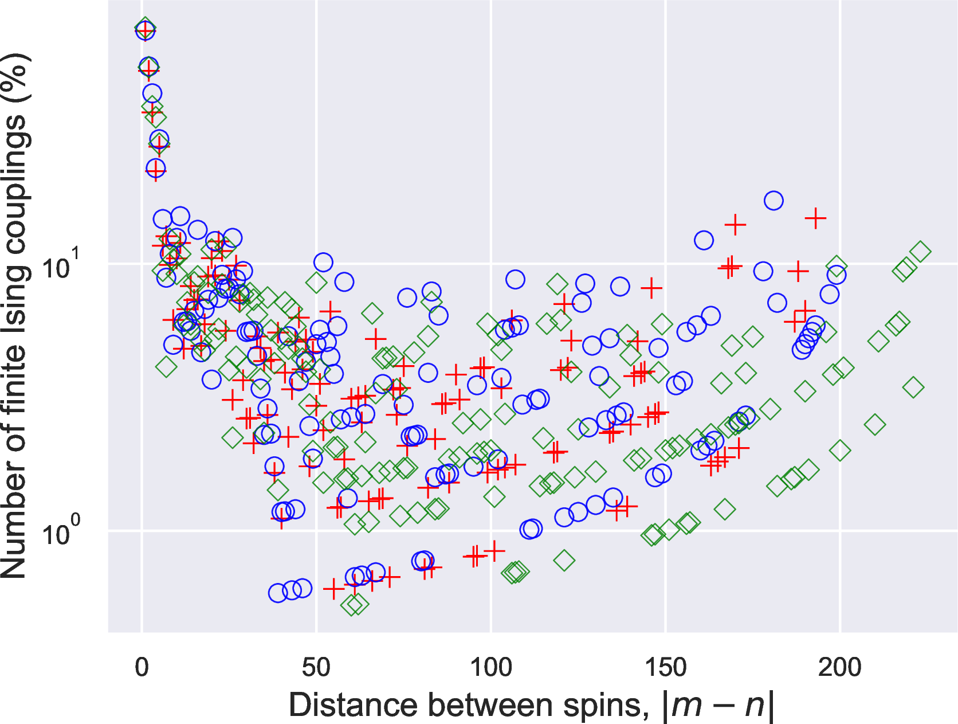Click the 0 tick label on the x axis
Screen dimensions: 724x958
[142, 668]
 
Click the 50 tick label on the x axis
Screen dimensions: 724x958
[316, 668]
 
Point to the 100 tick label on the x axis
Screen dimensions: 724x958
[490, 668]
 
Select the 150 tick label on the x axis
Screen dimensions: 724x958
[665, 668]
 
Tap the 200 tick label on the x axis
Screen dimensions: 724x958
[839, 668]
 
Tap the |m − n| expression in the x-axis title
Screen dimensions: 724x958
[717, 705]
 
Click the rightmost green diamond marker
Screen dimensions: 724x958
[920, 252]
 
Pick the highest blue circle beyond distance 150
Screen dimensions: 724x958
[774, 201]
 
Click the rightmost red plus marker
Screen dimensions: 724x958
[815, 218]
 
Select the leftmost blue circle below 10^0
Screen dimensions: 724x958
[278, 593]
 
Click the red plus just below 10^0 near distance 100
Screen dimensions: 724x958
[494, 551]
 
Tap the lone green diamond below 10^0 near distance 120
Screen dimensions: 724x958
[564, 560]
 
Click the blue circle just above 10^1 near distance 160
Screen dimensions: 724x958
[704, 240]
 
